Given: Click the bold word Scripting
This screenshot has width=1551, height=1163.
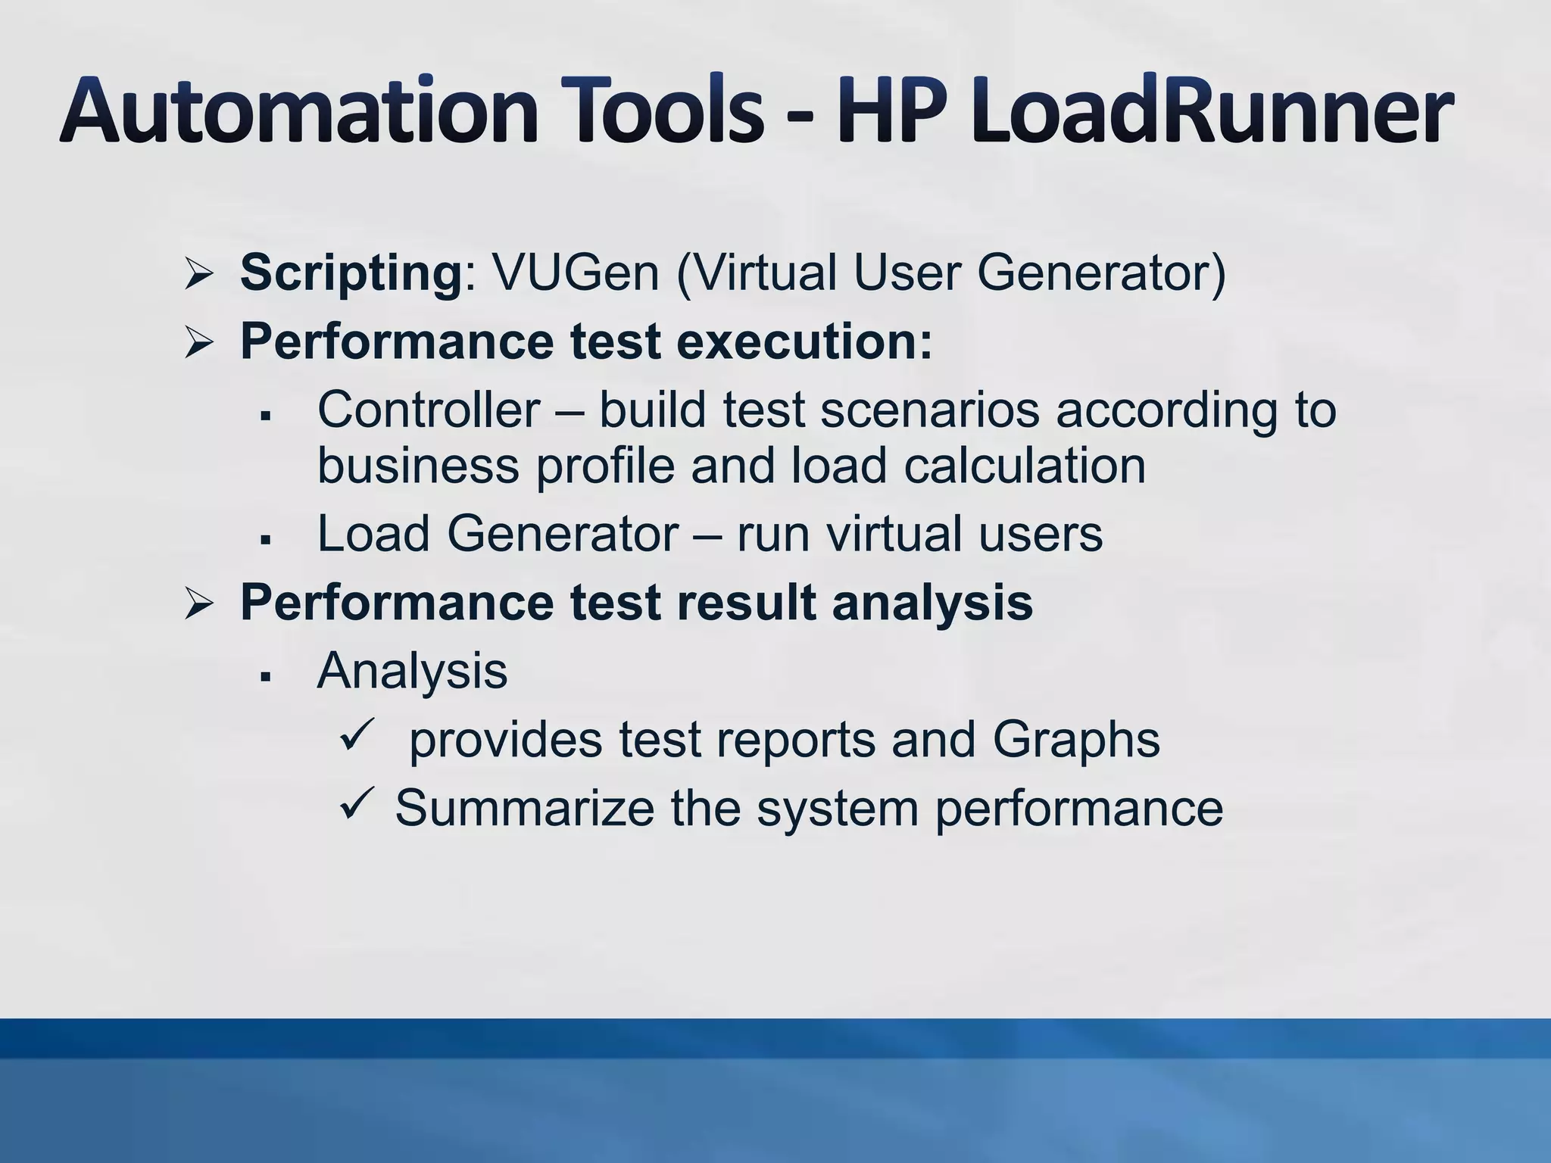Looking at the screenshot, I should tap(351, 273).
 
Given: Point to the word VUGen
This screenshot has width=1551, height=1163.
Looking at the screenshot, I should tap(576, 273).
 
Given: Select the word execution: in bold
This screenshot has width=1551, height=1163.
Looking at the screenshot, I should tap(804, 342).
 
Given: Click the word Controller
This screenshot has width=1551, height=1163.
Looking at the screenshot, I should tap(429, 410).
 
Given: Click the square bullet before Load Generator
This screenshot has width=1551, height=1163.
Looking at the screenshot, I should tap(265, 540).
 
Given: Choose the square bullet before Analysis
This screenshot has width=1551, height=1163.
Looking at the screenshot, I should tap(265, 677).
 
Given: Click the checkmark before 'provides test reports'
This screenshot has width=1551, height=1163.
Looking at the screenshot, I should tap(357, 735).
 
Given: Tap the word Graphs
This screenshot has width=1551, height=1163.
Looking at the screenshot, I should tap(1075, 740).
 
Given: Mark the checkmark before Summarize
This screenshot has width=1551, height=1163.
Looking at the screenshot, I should tap(357, 804).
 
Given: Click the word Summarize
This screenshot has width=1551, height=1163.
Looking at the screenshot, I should tap(524, 808).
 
